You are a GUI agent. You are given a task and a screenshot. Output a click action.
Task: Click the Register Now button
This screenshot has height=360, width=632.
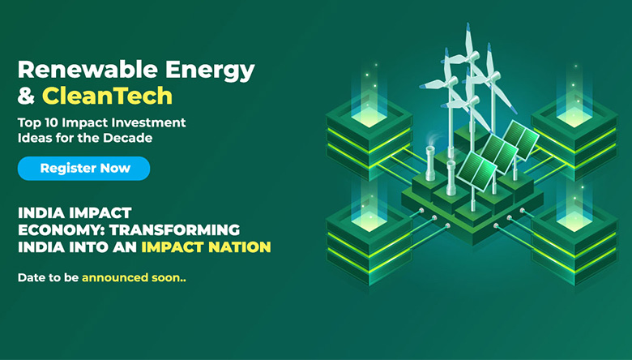click(83, 168)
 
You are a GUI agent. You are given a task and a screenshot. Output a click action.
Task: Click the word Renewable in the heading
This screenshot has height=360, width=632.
click(88, 70)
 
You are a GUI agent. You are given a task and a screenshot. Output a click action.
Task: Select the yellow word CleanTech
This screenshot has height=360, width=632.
click(107, 96)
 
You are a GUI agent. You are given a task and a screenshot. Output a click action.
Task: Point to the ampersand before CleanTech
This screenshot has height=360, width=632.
click(26, 96)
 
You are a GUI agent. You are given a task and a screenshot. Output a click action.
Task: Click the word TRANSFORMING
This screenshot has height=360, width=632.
click(174, 229)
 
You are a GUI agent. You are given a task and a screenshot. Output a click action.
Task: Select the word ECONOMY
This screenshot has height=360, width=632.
click(62, 229)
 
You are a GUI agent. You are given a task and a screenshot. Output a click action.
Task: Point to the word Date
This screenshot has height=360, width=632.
click(32, 277)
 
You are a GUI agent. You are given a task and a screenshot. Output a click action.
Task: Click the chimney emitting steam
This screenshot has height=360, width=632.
click(430, 163)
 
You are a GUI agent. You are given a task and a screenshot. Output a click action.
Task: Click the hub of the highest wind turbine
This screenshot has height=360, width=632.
click(470, 56)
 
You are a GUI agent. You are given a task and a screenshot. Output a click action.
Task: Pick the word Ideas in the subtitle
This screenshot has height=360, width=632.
click(30, 138)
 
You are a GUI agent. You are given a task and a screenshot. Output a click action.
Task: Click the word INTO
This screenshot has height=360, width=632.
click(88, 246)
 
